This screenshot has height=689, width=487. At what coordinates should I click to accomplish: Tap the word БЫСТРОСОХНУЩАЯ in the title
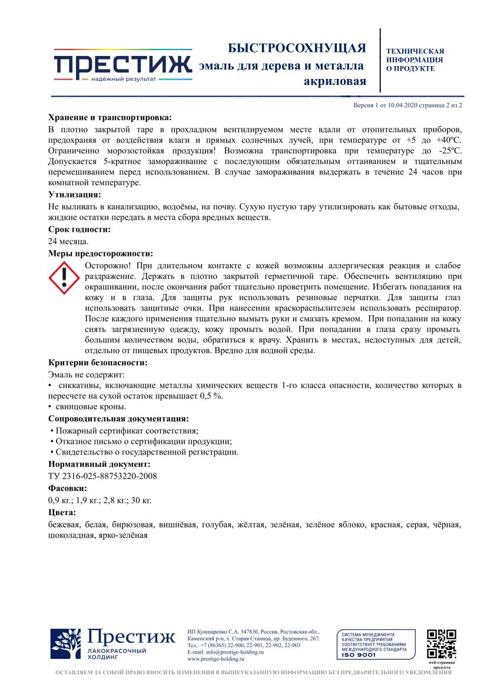point(297,48)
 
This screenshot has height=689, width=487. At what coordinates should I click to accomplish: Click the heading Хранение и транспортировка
point(110,117)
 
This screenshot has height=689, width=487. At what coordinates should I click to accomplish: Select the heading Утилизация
point(74,194)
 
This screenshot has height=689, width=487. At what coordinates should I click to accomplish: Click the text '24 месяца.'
point(68,242)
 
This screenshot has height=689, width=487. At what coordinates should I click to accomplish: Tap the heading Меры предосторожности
point(100,253)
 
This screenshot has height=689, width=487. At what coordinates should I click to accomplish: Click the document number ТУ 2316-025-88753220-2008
point(102,476)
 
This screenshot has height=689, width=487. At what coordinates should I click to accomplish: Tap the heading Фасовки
point(68,489)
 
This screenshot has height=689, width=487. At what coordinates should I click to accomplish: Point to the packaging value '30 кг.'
point(142,500)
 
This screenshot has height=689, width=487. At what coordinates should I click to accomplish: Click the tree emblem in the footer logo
point(66,644)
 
